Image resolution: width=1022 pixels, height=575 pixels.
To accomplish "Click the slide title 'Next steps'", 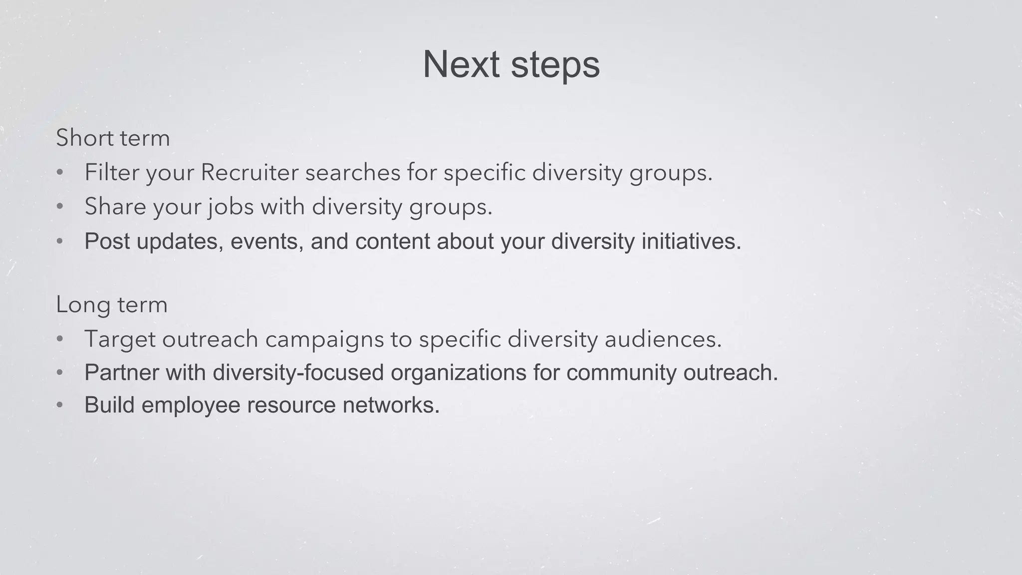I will click(511, 65).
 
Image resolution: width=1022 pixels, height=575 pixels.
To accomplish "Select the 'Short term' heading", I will click(113, 138).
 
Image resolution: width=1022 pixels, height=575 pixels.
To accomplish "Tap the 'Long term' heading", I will click(112, 305).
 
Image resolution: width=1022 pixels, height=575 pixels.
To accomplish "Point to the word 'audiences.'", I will click(663, 339).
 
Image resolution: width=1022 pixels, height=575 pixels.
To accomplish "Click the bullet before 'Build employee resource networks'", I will click(60, 405).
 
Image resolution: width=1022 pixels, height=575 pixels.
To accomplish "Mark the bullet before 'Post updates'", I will click(60, 242).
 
